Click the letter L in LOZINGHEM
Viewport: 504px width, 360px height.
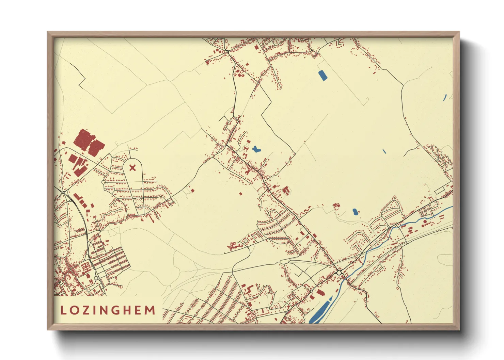pyautogui.click(x=63, y=310)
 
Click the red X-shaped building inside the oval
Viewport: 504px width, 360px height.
pyautogui.click(x=132, y=167)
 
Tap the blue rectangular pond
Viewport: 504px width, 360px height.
pyautogui.click(x=322, y=75)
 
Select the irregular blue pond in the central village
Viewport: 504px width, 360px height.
pyautogui.click(x=256, y=149)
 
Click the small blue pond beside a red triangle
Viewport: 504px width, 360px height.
pyautogui.click(x=355, y=212)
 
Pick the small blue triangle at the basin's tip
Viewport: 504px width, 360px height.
pyautogui.click(x=330, y=298)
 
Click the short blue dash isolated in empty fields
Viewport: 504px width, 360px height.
pyautogui.click(x=384, y=151)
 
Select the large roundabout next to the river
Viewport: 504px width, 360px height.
pyautogui.click(x=339, y=273)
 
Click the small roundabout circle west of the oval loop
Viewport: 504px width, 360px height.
pyautogui.click(x=104, y=182)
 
